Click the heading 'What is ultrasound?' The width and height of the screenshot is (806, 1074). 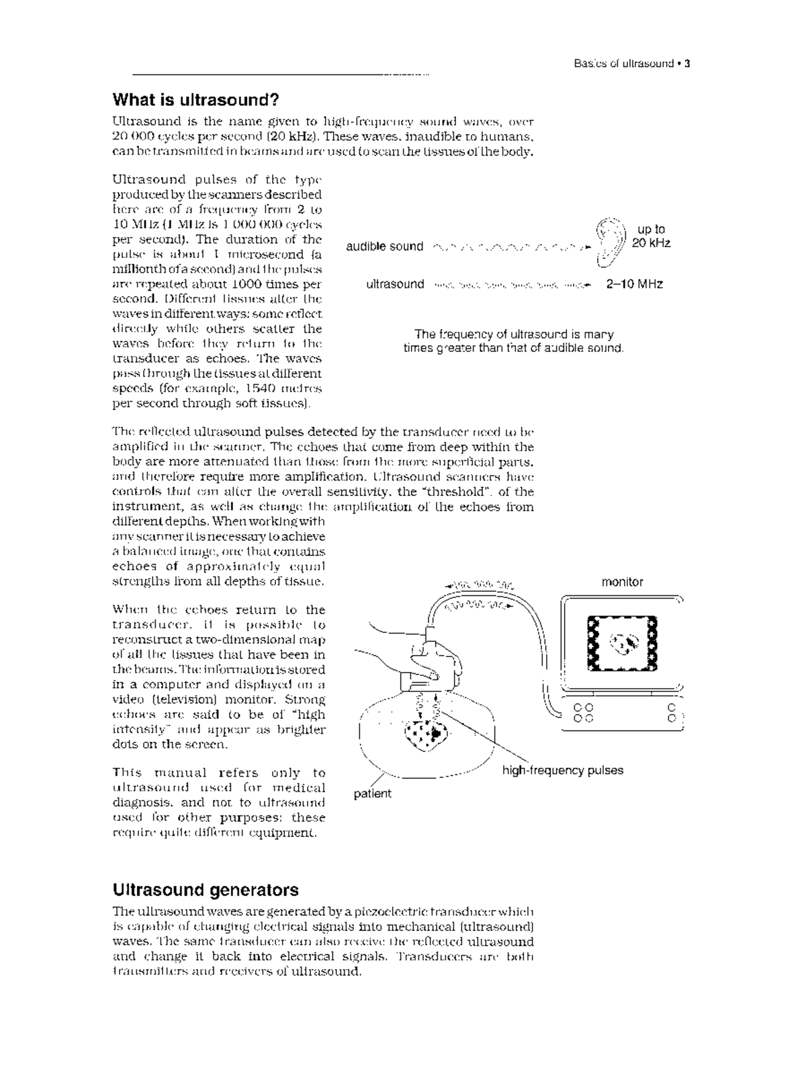point(195,101)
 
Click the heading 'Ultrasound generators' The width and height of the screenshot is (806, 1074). point(206,890)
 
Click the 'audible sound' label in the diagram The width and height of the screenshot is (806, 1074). point(384,247)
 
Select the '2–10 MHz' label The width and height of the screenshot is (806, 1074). point(634,284)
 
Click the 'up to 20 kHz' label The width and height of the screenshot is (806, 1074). point(651,236)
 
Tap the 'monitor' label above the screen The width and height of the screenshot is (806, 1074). point(622,582)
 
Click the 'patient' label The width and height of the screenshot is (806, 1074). point(372,793)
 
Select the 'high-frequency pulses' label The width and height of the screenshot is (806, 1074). point(562,771)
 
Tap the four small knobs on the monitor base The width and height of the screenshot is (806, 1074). point(584,713)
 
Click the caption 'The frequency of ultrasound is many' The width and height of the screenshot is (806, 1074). point(514,334)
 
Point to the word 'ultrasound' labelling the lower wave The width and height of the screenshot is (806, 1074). point(395,284)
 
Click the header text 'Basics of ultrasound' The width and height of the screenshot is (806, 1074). point(623,64)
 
